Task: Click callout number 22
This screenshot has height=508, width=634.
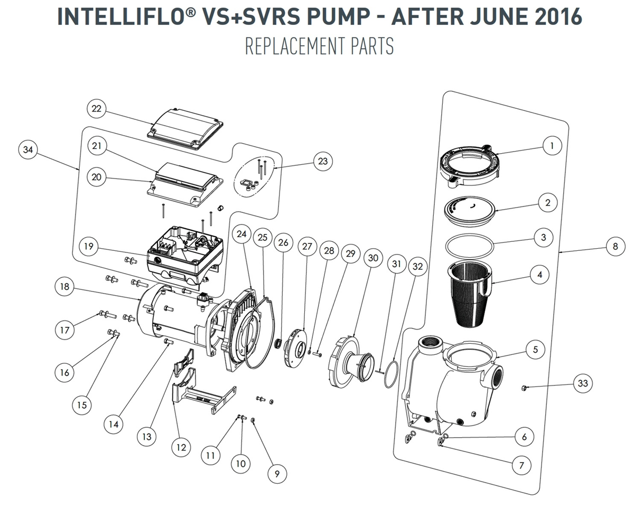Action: click(x=96, y=109)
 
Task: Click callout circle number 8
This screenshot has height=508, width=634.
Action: click(x=615, y=247)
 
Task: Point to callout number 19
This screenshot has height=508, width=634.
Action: click(x=88, y=246)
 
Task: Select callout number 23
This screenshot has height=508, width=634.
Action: click(x=322, y=162)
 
